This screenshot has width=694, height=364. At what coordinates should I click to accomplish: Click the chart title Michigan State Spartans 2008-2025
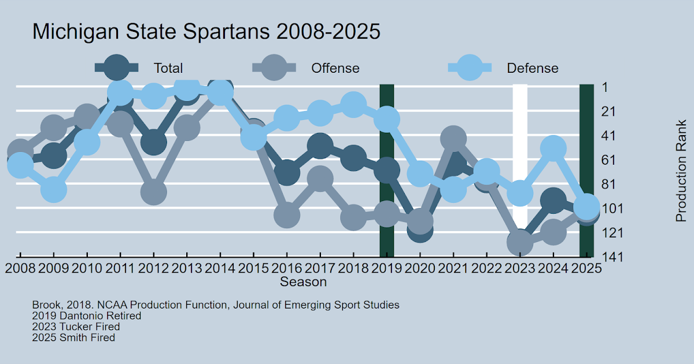pyautogui.click(x=206, y=32)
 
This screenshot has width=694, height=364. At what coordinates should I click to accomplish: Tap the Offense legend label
pyautogui.click(x=335, y=68)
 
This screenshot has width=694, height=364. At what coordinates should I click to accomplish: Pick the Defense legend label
pyautogui.click(x=533, y=68)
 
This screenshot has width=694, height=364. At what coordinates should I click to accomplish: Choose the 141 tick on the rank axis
pyautogui.click(x=611, y=257)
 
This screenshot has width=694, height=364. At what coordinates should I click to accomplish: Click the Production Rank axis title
pyautogui.click(x=681, y=171)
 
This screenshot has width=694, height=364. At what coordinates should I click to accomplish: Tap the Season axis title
pyautogui.click(x=303, y=282)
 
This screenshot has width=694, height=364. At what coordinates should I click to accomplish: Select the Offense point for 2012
pyautogui.click(x=153, y=192)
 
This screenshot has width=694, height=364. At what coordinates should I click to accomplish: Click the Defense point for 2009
pyautogui.click(x=53, y=190)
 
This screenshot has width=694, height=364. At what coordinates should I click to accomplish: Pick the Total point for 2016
pyautogui.click(x=287, y=172)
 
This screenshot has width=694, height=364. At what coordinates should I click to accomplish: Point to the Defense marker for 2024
pyautogui.click(x=553, y=148)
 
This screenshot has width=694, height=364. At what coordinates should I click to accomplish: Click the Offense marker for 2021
pyautogui.click(x=453, y=139)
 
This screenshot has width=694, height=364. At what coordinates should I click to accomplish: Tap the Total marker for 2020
pyautogui.click(x=420, y=229)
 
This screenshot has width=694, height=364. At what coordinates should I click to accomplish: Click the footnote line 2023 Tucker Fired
pyautogui.click(x=76, y=327)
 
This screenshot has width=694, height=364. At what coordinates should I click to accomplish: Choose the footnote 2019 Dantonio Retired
pyautogui.click(x=87, y=316)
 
